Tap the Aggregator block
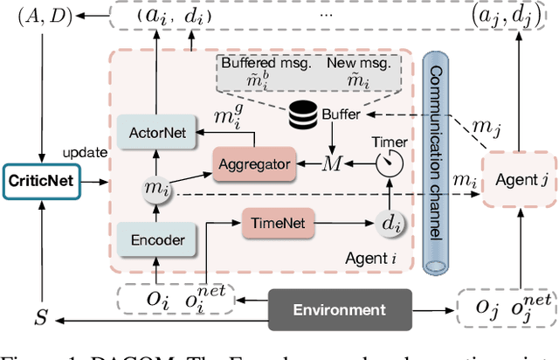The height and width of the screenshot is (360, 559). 255,163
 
